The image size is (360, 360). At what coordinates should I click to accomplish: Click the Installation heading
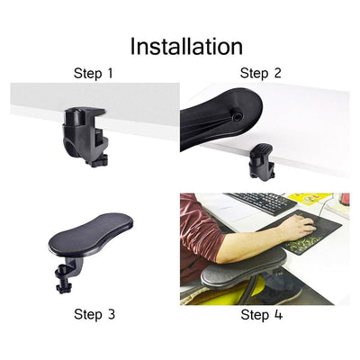click(186, 47)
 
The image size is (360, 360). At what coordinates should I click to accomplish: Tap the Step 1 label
click(94, 74)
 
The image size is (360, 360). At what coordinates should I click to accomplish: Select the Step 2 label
click(261, 74)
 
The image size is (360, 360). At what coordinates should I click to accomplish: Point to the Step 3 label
click(94, 314)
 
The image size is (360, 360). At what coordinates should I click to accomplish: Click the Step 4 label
click(262, 315)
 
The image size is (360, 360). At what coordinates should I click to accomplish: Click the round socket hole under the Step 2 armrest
click(237, 115)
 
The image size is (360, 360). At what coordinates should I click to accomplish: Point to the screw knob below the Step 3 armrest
click(64, 287)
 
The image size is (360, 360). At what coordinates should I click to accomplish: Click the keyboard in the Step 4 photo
click(262, 203)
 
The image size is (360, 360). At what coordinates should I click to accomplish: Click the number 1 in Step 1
click(110, 74)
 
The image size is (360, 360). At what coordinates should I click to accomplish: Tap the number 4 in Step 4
click(278, 315)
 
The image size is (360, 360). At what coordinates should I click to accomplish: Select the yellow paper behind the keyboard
click(308, 199)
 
